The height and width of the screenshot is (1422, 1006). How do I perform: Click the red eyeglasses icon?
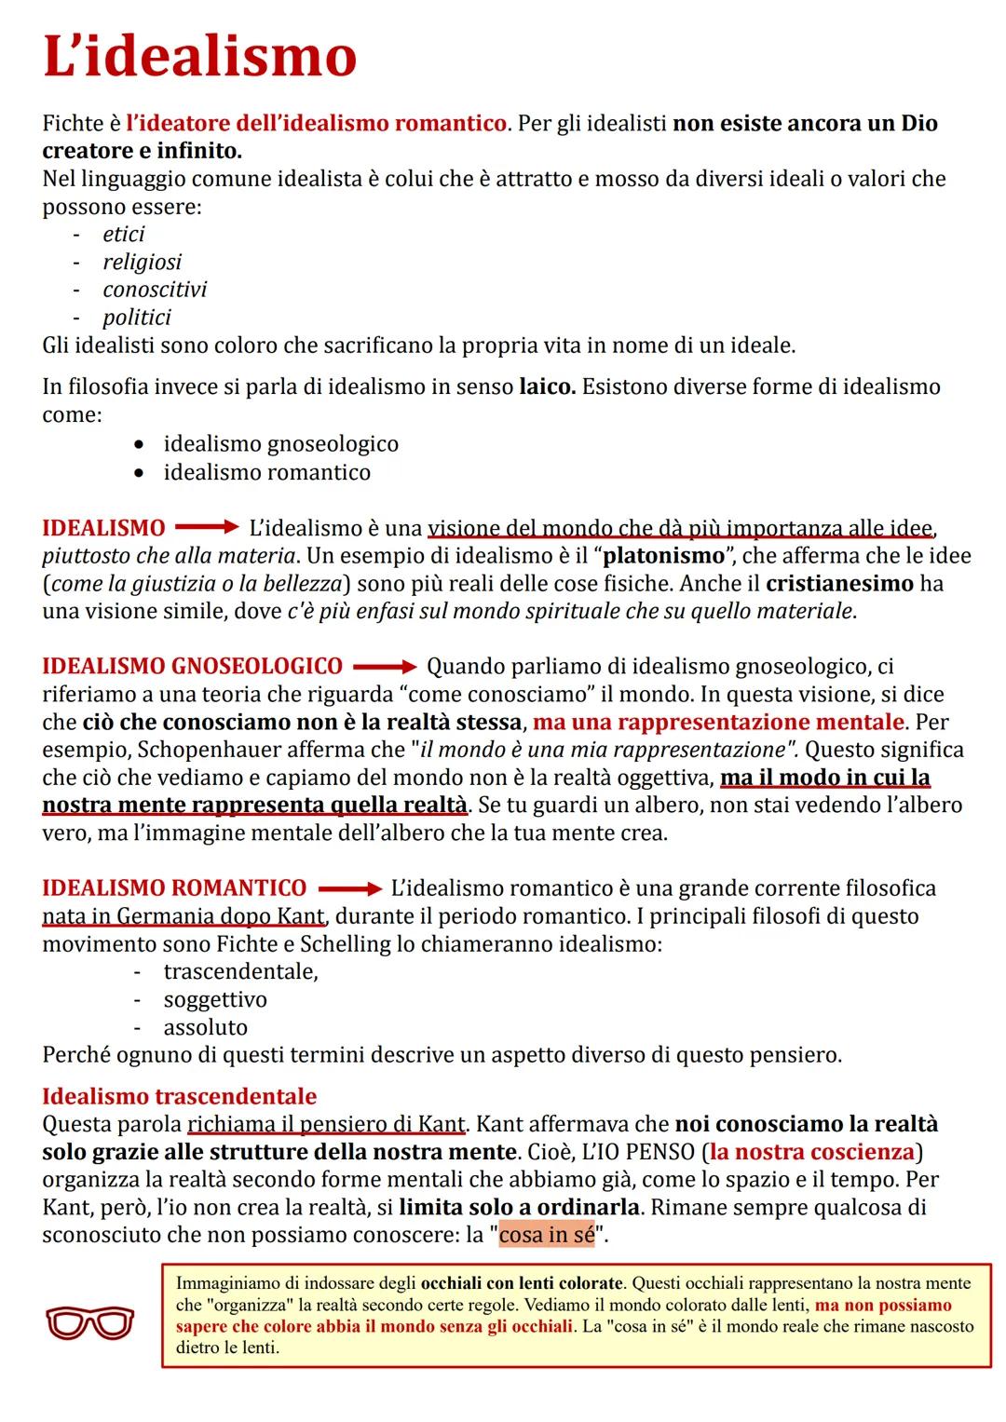(89, 1321)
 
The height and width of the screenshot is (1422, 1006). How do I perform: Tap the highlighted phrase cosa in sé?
(546, 1236)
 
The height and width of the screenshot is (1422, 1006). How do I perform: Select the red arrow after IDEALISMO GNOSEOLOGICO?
(384, 667)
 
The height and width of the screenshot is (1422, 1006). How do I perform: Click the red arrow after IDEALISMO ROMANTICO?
(348, 888)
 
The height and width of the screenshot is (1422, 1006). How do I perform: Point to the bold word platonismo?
(663, 556)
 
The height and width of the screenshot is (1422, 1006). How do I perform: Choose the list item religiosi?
(142, 262)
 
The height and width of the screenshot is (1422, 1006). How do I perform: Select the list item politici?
(137, 318)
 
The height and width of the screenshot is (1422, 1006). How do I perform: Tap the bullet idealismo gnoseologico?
(280, 444)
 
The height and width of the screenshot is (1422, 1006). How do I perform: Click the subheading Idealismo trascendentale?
(179, 1096)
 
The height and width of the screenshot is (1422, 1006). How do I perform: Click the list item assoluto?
(205, 1027)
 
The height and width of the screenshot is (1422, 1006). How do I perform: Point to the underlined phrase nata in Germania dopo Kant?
(184, 916)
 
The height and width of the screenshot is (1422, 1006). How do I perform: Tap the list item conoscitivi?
(155, 290)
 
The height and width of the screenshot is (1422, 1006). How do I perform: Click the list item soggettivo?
(214, 999)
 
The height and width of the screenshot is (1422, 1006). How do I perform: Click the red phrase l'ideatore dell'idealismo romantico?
(317, 123)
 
